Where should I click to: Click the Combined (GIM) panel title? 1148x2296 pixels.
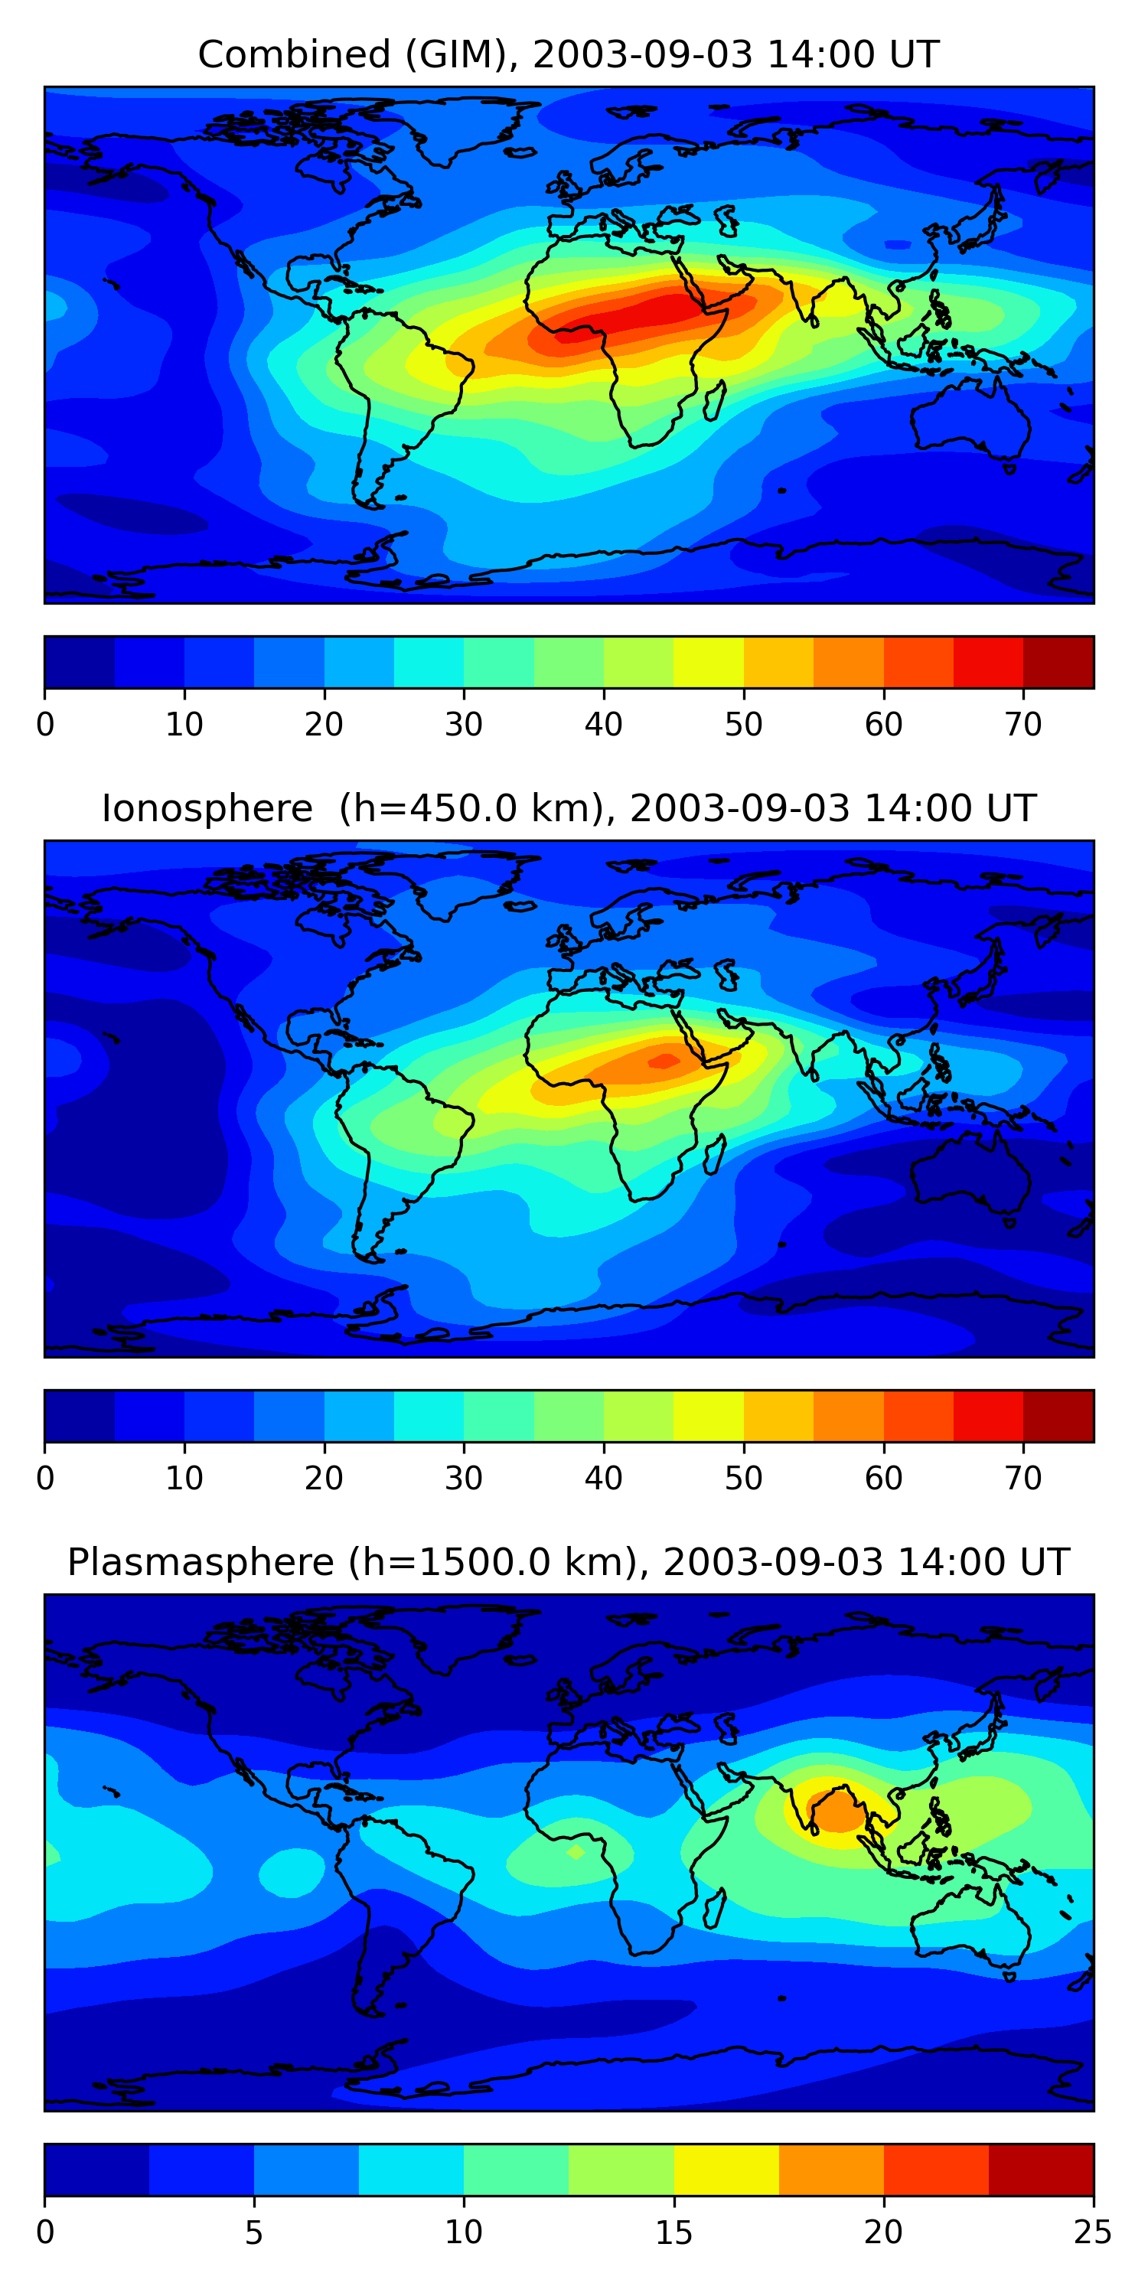(568, 54)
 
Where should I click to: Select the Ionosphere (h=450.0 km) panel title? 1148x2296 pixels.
(568, 808)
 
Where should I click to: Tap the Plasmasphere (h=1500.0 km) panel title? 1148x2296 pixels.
(568, 1563)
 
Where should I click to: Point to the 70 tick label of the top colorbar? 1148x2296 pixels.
(1023, 725)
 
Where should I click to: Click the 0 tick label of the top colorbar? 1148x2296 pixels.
(45, 725)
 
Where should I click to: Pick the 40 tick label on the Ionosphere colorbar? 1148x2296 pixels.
(603, 1479)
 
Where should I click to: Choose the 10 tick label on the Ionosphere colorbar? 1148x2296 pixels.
(184, 1479)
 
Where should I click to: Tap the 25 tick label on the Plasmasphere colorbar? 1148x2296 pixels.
(1093, 2232)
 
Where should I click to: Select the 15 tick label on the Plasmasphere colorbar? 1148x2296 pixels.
(673, 2232)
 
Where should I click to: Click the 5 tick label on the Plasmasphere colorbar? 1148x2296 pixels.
(254, 2232)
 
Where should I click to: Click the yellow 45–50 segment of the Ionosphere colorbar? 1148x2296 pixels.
(709, 1417)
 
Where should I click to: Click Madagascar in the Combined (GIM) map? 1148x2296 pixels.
(714, 402)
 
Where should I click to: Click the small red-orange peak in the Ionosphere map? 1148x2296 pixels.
(663, 1060)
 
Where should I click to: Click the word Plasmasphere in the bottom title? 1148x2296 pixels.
(201, 1563)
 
